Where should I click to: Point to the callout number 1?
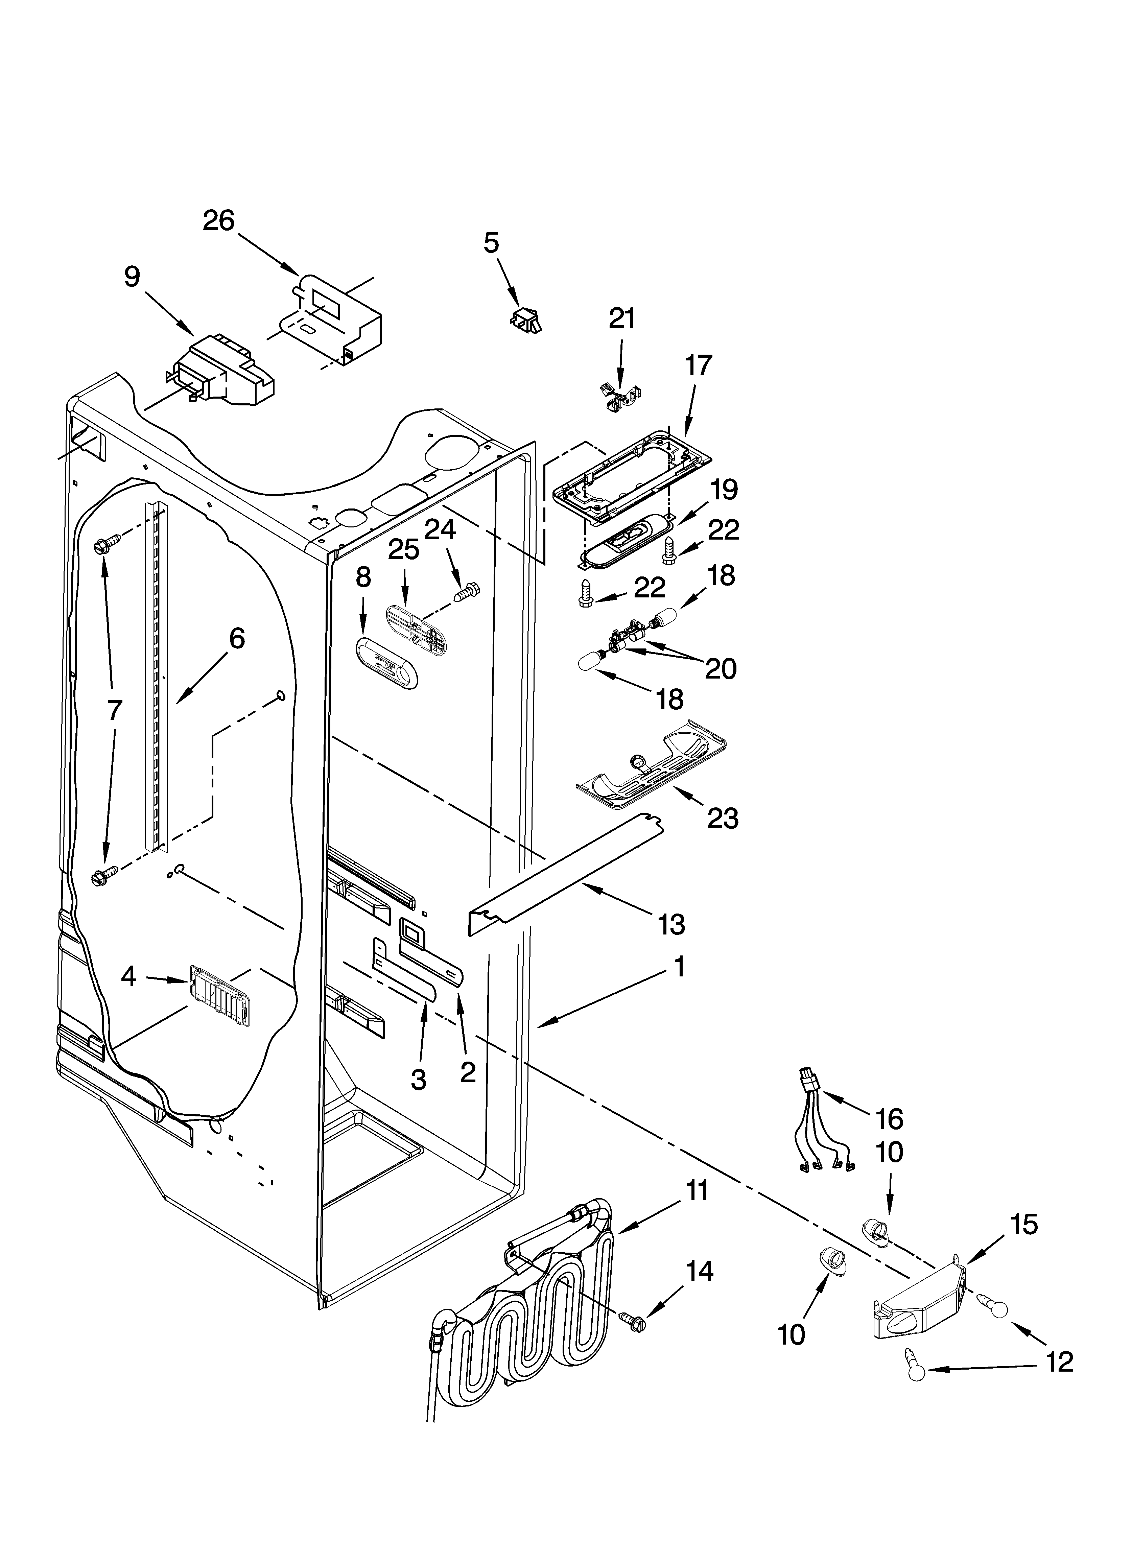tap(679, 967)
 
